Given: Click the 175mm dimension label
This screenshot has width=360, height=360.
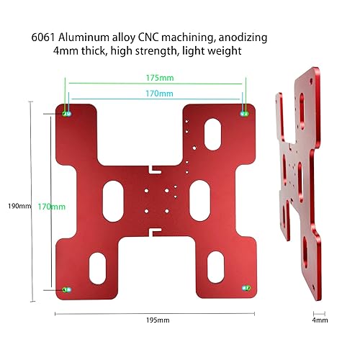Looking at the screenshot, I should (156, 76).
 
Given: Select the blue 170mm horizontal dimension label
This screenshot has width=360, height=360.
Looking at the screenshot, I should (156, 93).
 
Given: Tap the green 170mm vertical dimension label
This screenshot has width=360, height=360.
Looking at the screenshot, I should (52, 206).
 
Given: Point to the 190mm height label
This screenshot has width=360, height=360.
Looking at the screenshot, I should (18, 206).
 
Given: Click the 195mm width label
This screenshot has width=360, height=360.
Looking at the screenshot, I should (156, 320).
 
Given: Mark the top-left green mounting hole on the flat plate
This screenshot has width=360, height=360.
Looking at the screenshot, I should (68, 114).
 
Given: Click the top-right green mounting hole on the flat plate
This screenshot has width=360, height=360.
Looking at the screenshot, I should (244, 114).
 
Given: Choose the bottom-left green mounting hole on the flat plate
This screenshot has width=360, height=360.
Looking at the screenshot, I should (68, 288).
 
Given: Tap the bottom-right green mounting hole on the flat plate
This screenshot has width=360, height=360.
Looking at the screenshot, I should (245, 287).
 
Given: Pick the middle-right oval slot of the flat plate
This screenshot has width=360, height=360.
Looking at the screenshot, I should (199, 195).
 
